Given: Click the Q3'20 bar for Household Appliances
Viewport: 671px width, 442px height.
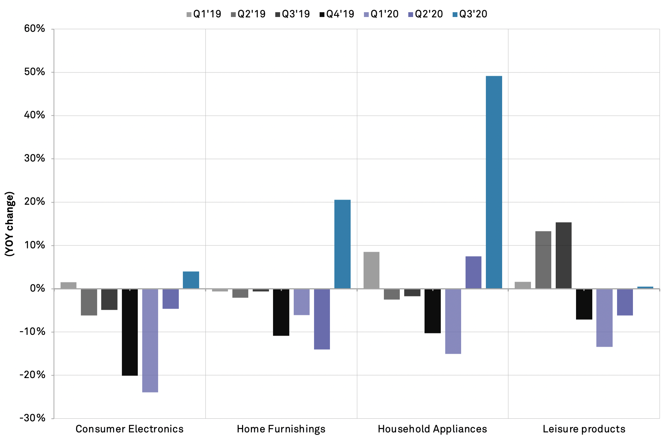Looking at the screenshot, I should (494, 182).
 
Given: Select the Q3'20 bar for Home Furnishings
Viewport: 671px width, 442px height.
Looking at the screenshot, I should (342, 244).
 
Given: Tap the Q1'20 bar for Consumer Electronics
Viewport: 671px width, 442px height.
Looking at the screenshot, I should (150, 340).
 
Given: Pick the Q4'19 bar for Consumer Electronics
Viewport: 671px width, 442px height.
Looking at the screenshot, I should (130, 332).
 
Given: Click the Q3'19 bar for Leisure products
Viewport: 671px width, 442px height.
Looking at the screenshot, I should (563, 255).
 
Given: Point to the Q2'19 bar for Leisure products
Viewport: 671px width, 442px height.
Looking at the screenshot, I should (543, 260).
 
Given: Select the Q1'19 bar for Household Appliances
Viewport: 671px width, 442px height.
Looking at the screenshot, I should (371, 270).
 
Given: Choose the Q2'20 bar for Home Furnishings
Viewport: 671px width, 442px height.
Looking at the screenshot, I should (322, 319).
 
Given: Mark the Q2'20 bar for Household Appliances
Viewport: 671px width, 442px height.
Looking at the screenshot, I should (473, 272).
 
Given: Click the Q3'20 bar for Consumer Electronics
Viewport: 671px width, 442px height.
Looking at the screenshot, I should (191, 280).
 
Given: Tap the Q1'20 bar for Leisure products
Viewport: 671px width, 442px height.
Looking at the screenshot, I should (604, 318).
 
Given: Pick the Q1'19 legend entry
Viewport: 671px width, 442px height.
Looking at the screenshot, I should (204, 14).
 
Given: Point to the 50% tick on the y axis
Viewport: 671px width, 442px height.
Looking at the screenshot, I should (35, 72).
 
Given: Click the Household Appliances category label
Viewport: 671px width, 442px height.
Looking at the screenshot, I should (432, 429).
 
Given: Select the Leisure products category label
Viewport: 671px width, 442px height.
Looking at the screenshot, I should (584, 429).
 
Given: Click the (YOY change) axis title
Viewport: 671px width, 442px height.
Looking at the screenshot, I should (9, 224).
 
